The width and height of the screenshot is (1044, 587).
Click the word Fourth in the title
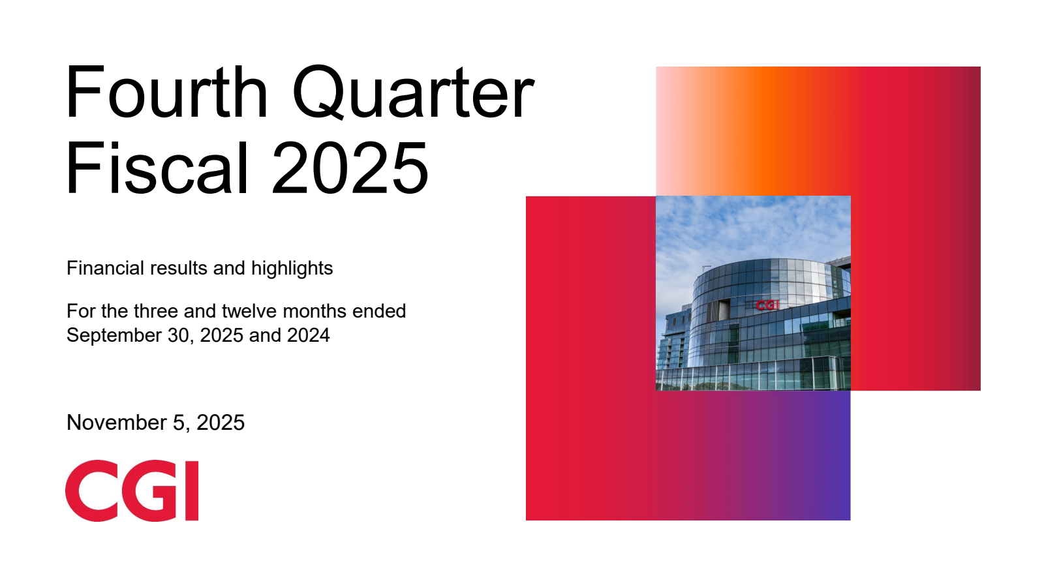(x=167, y=92)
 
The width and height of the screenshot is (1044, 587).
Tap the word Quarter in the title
(x=414, y=93)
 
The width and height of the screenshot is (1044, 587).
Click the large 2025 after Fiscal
(x=350, y=168)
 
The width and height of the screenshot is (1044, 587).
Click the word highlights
(x=292, y=269)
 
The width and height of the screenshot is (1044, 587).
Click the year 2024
(x=308, y=335)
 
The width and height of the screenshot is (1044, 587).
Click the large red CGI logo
(x=132, y=490)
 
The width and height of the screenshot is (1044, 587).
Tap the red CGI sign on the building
(x=767, y=305)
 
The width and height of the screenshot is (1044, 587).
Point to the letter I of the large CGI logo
(x=192, y=491)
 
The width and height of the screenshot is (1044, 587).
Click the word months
(x=315, y=310)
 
